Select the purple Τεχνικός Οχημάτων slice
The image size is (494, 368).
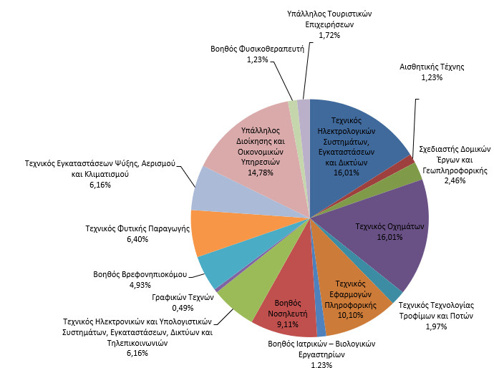(x=390, y=236)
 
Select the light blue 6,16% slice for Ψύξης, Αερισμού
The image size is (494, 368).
(x=211, y=190)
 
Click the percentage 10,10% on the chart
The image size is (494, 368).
(x=346, y=314)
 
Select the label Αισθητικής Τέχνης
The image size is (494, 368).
(x=432, y=67)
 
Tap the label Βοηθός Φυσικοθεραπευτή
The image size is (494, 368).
(x=258, y=49)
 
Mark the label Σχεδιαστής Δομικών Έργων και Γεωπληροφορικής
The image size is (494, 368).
(x=454, y=160)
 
